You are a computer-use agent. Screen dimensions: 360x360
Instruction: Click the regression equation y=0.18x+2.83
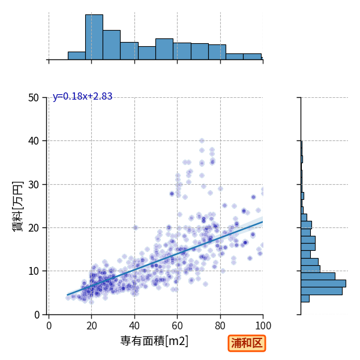(83, 97)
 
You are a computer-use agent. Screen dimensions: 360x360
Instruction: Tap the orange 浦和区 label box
(247, 343)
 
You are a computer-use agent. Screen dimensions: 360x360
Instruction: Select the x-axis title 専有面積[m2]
(154, 341)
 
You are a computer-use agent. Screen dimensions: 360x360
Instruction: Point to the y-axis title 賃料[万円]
(18, 206)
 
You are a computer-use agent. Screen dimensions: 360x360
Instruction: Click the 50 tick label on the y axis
(34, 98)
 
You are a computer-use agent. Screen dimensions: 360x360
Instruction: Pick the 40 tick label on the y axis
(34, 141)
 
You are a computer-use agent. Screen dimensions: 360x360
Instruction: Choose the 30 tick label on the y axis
(34, 185)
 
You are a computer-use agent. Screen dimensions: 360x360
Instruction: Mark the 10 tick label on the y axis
(34, 271)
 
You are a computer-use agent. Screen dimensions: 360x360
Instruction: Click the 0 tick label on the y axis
(37, 315)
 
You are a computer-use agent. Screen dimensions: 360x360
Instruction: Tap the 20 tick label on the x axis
(92, 326)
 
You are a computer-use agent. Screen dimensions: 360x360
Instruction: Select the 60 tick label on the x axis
(177, 326)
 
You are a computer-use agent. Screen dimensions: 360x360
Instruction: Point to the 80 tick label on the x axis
(220, 326)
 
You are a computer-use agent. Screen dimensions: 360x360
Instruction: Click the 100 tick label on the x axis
(263, 326)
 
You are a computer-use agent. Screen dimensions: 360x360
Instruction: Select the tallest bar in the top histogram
(94, 37)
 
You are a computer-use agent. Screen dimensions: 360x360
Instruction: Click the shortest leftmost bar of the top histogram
(77, 56)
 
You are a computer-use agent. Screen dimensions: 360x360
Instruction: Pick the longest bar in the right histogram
(323, 284)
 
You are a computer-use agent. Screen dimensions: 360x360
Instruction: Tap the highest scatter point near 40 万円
(202, 140)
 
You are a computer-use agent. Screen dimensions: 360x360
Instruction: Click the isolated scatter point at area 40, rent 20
(136, 227)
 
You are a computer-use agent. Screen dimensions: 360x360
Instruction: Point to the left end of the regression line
(67, 295)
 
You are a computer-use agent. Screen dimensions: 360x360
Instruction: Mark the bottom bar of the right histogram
(305, 298)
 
